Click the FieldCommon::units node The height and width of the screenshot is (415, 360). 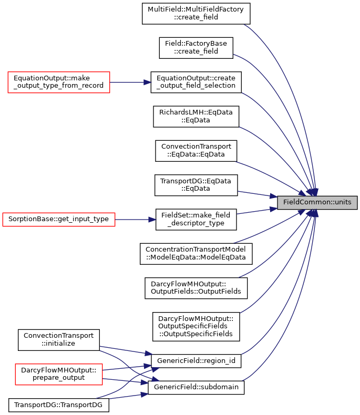pyautogui.click(x=317, y=202)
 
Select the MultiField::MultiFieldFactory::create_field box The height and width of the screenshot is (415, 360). pyautogui.click(x=196, y=14)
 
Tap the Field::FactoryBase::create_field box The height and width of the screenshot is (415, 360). pyautogui.click(x=196, y=48)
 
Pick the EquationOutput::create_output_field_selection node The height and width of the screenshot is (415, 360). pyautogui.click(x=196, y=82)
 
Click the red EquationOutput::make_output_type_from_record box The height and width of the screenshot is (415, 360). pyautogui.click(x=59, y=82)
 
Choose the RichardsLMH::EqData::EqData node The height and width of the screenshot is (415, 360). pyautogui.click(x=196, y=117)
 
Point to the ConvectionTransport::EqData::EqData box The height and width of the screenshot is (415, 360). pyautogui.click(x=196, y=151)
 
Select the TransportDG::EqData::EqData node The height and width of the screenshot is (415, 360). pyautogui.click(x=196, y=185)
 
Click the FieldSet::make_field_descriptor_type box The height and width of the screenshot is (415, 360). pyautogui.click(x=196, y=220)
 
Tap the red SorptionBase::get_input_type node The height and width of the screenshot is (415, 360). pyautogui.click(x=59, y=220)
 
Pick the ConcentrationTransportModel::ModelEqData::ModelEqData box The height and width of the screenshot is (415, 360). pyautogui.click(x=196, y=254)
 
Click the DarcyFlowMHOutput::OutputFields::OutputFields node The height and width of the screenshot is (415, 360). pyautogui.click(x=196, y=288)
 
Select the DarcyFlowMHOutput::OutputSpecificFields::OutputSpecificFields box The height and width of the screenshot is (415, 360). pyautogui.click(x=196, y=327)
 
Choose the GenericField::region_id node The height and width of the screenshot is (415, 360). pyautogui.click(x=196, y=361)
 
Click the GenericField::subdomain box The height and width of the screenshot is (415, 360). pyautogui.click(x=196, y=388)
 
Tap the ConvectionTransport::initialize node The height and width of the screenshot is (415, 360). pyautogui.click(x=59, y=340)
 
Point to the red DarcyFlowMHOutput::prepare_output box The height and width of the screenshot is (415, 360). pyautogui.click(x=59, y=374)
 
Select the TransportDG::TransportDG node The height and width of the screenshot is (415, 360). pyautogui.click(x=59, y=406)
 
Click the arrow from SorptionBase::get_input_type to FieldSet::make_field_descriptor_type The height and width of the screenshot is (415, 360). pyautogui.click(x=135, y=220)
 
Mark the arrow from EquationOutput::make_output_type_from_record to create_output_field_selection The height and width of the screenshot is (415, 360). pyautogui.click(x=130, y=82)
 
